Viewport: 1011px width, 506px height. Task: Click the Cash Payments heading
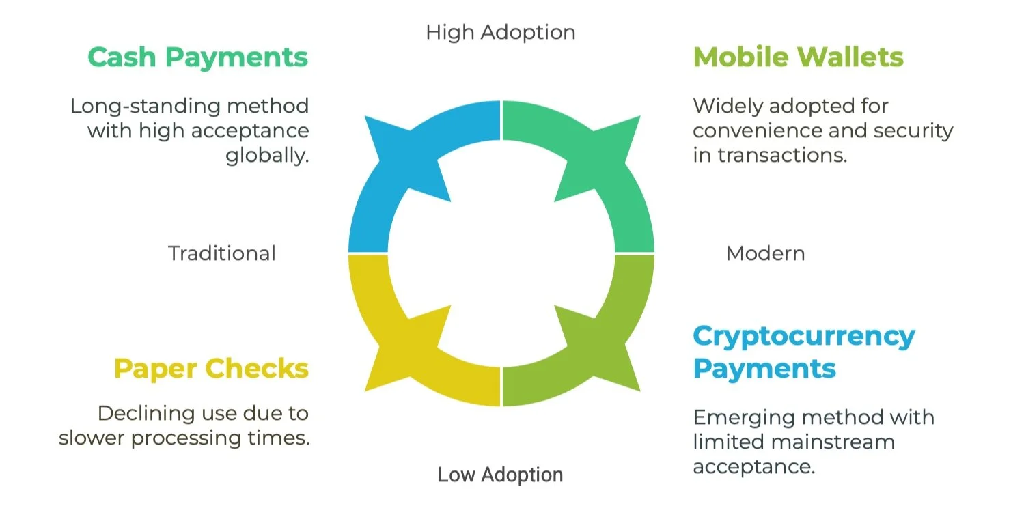point(197,57)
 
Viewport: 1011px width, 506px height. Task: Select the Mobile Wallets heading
point(798,57)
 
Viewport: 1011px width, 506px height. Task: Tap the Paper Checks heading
point(211,369)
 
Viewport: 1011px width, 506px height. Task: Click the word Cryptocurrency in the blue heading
point(804,336)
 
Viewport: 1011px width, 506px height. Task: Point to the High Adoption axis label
point(500,32)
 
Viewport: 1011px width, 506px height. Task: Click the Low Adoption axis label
point(500,475)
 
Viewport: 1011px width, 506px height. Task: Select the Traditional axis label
point(222,253)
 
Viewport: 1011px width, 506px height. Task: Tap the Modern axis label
point(765,253)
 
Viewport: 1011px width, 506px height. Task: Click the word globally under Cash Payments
point(267,156)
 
